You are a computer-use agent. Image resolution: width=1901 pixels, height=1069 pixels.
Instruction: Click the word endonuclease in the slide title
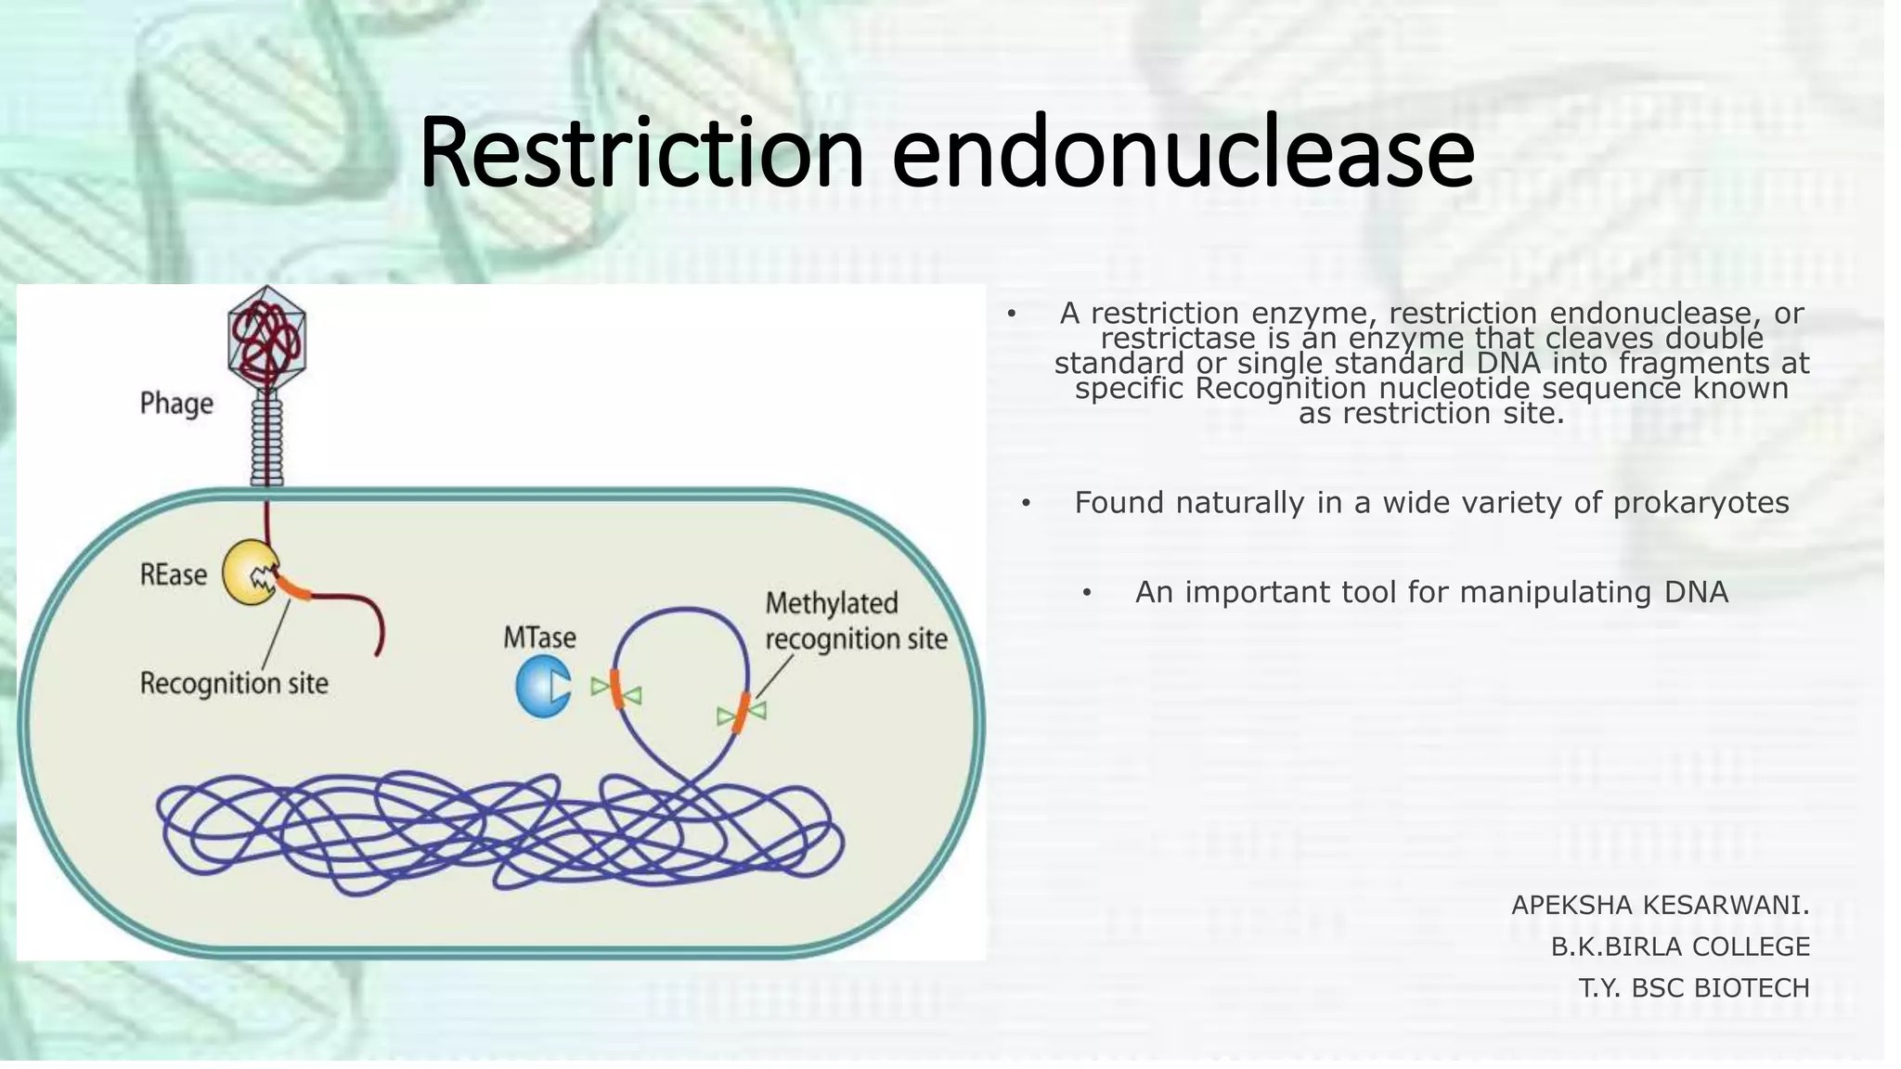coord(1183,152)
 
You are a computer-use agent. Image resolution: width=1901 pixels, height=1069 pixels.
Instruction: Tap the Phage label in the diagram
coord(176,405)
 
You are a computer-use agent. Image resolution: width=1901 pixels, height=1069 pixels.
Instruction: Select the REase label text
coord(174,575)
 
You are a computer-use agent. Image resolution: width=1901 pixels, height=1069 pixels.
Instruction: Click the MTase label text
coord(539,638)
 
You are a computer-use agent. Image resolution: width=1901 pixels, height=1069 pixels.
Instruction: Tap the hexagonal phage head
coord(267,338)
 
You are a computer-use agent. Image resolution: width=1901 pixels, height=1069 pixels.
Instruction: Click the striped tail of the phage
coord(267,436)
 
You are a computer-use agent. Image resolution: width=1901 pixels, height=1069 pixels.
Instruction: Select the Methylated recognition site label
coord(855,621)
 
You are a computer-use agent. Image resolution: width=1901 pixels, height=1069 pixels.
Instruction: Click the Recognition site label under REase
coord(234,684)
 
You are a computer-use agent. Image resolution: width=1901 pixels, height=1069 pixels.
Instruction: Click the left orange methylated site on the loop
coord(616,689)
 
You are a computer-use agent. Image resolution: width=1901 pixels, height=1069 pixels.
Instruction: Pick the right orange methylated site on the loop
coord(741,713)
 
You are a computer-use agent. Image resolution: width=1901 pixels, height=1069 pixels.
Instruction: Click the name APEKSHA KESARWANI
coord(1660,905)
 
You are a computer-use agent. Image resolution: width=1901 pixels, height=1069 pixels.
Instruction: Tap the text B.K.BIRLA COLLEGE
coord(1680,947)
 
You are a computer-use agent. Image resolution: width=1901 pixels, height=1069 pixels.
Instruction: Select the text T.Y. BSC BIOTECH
coord(1694,988)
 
